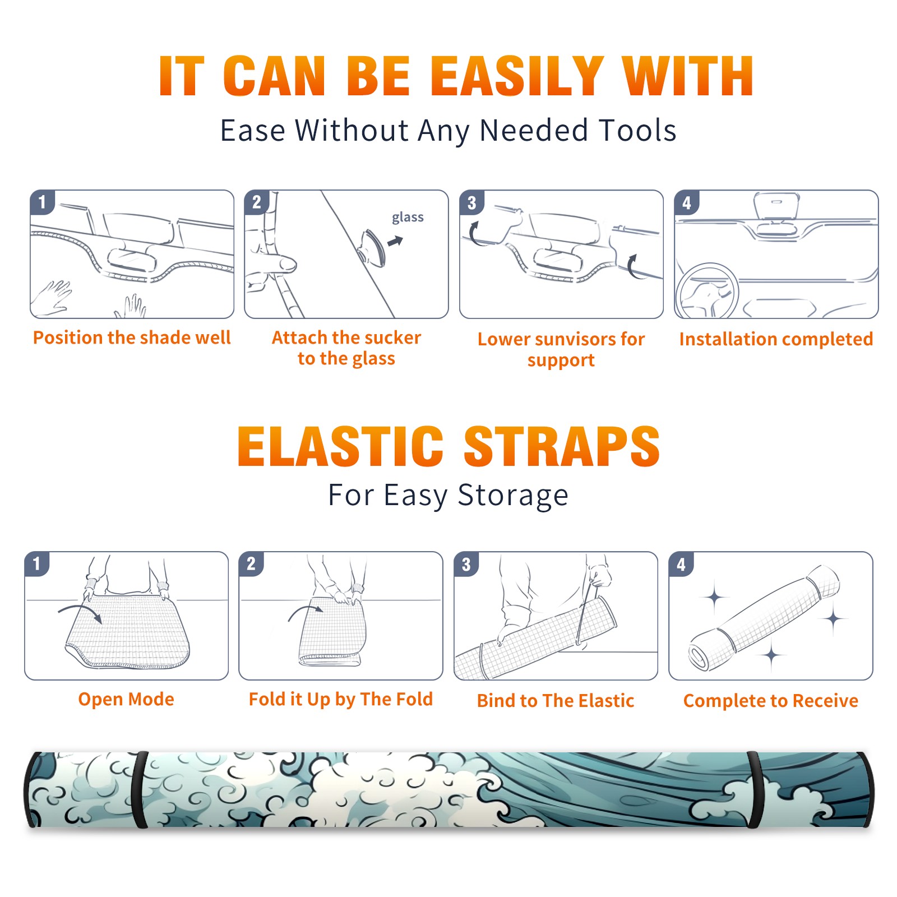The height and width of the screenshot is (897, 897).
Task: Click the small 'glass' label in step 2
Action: click(x=408, y=218)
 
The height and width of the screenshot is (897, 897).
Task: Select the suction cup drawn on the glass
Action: click(x=373, y=247)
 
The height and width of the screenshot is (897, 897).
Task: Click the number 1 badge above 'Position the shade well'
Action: click(x=42, y=202)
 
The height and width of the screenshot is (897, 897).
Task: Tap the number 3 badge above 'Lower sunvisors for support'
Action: click(x=471, y=202)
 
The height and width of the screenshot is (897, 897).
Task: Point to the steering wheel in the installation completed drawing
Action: click(x=707, y=291)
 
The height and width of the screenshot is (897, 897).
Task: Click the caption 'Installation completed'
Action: click(x=776, y=339)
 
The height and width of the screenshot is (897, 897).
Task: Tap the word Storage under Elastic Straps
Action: click(x=513, y=496)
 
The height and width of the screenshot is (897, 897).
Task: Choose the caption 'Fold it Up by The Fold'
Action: click(x=341, y=700)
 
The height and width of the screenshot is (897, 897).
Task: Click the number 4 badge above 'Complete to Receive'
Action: click(x=681, y=564)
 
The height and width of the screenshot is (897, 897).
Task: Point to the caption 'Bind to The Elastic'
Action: click(x=556, y=701)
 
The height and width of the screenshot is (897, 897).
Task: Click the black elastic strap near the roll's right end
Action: click(x=755, y=790)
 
